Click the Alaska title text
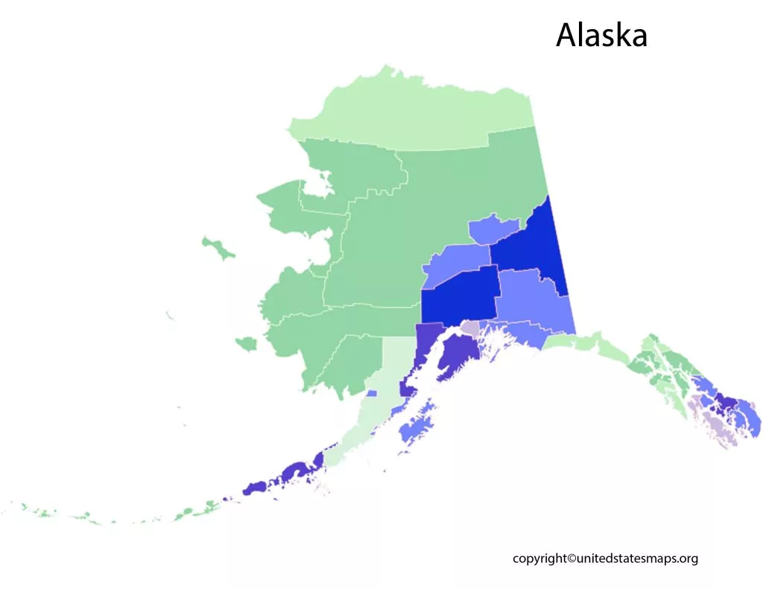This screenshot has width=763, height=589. [601, 35]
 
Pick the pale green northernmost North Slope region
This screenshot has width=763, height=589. [417, 112]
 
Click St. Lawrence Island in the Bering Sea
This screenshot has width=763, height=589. [217, 247]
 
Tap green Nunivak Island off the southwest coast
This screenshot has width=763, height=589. [246, 343]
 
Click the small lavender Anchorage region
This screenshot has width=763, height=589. [470, 328]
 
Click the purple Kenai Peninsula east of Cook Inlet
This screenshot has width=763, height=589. [457, 357]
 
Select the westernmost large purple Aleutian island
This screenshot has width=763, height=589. [256, 488]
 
